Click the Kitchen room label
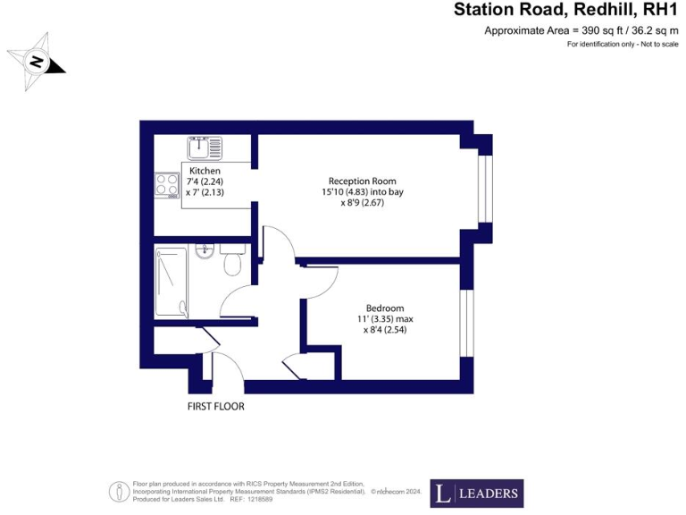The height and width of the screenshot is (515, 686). click(x=205, y=171)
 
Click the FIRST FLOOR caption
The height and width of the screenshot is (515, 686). click(x=215, y=406)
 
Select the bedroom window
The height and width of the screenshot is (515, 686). click(x=464, y=321)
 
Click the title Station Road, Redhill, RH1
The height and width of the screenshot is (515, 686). click(x=567, y=11)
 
